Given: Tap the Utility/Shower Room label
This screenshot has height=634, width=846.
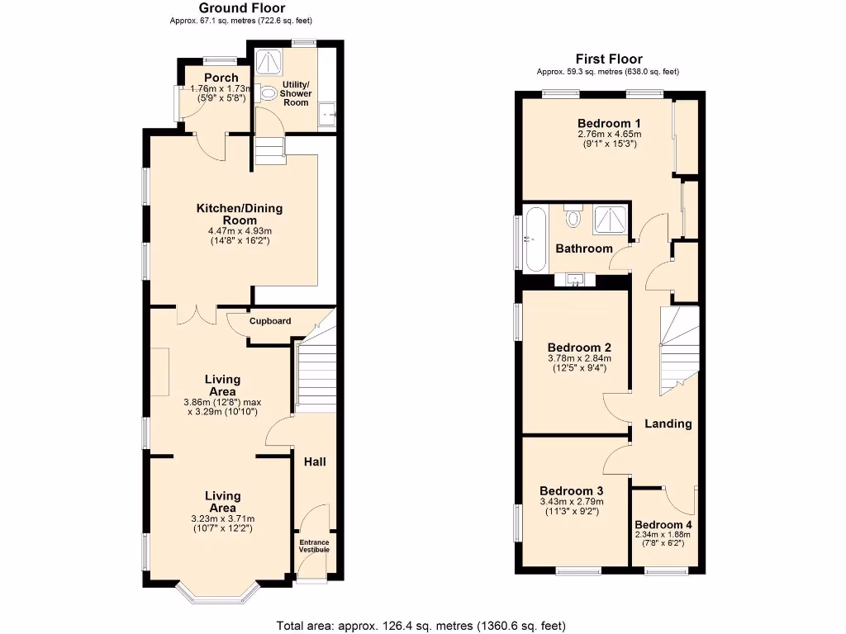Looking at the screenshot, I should (x=296, y=93).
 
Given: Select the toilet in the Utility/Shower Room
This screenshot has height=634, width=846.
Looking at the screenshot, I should (x=269, y=94).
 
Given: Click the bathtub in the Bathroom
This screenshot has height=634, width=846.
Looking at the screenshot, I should (x=535, y=240).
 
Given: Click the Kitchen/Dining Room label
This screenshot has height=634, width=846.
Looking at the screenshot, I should (x=234, y=214).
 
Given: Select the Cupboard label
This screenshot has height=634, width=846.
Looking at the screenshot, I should (x=270, y=321).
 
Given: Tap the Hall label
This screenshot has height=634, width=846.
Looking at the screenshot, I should (x=314, y=461).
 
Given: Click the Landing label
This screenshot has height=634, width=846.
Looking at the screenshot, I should (x=668, y=423).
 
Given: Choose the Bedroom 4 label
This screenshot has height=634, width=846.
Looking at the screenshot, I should (x=663, y=525).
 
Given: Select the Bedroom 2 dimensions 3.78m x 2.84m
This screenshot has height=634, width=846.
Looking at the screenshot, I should (x=578, y=358).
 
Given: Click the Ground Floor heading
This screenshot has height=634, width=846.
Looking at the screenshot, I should (x=242, y=8).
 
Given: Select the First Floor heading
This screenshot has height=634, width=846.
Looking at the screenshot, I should (x=607, y=59).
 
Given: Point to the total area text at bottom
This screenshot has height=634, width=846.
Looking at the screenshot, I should (x=421, y=626).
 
